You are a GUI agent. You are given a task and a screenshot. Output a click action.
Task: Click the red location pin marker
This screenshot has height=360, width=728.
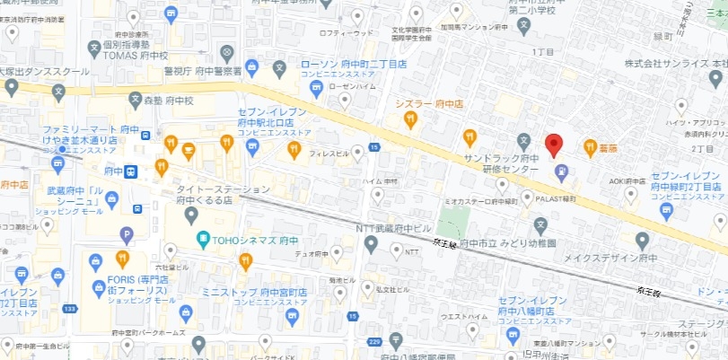tap(554, 144)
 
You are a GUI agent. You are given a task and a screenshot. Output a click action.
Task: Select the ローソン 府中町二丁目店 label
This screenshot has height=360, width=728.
tap(353, 65)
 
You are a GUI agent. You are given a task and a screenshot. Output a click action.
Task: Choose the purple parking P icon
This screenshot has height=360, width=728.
tap(127, 235)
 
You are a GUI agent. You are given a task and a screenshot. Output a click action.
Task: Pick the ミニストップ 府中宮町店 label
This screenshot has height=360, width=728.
tap(254, 292)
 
